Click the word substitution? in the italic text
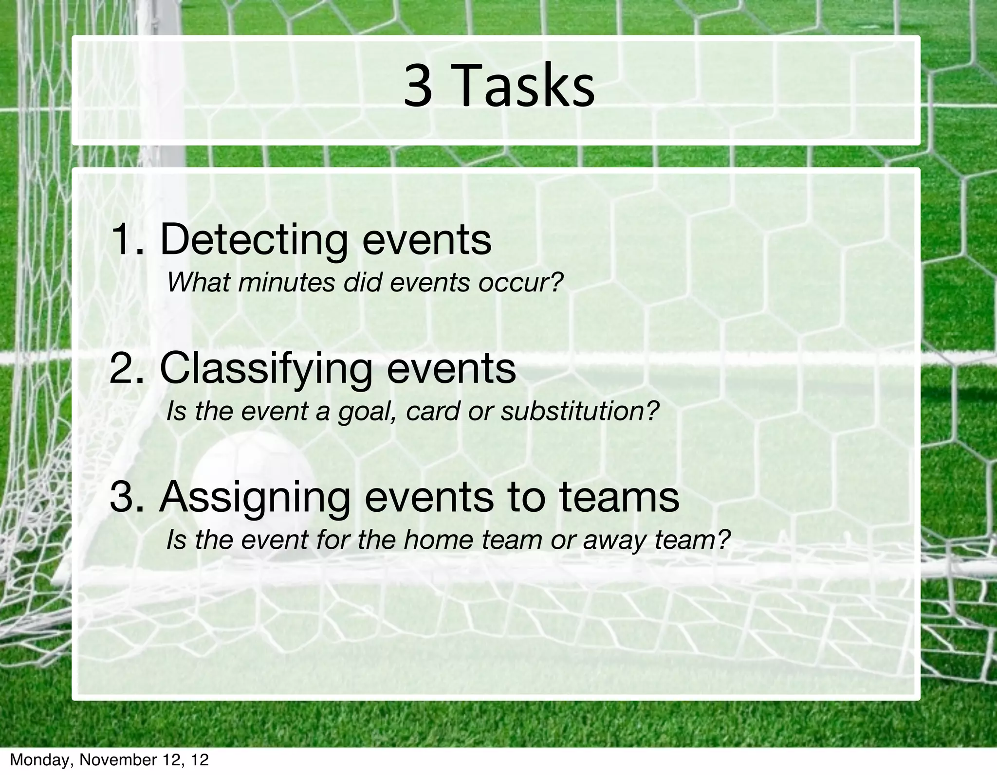579,411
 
